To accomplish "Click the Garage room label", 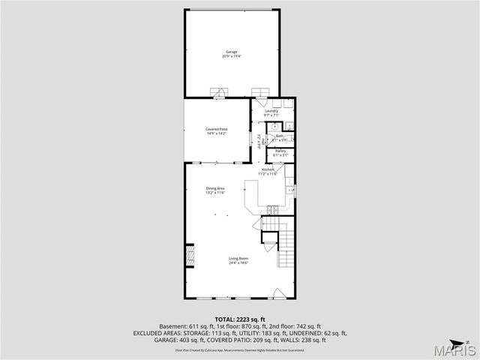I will (231, 52).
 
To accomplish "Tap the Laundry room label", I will (271, 111).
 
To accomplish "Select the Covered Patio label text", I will (217, 129).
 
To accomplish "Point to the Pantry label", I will (280, 151).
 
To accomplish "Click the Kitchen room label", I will (268, 170).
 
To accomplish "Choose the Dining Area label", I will (216, 188).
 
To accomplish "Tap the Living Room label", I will (238, 259).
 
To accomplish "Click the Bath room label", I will (280, 136).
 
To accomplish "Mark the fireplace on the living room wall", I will (190, 256).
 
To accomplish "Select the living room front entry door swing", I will (279, 292).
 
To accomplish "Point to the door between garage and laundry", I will (260, 93).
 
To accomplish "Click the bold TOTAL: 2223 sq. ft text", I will (239, 319).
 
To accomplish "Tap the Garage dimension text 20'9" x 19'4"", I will (231, 56).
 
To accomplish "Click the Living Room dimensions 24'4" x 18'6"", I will (238, 264).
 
